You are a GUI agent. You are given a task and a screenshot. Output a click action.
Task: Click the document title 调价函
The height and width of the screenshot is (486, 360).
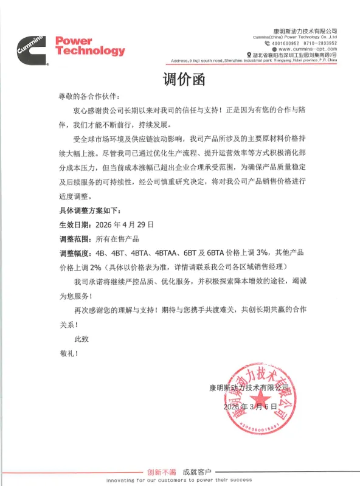[180, 80]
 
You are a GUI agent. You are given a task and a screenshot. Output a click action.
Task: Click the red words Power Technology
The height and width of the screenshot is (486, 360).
[90, 46]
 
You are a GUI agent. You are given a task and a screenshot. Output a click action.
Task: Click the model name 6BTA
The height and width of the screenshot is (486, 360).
[213, 253]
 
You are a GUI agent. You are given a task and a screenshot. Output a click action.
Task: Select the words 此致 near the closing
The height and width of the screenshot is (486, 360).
[81, 338]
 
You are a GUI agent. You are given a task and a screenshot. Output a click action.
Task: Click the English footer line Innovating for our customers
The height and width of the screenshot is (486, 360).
[180, 480]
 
